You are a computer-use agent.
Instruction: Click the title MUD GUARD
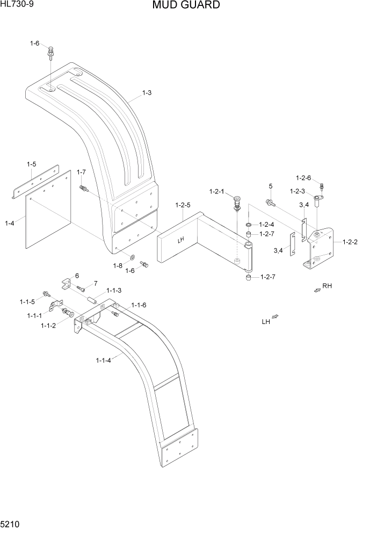coord(185,5)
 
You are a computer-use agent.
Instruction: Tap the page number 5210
coord(10,524)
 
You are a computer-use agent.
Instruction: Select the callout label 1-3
coord(147,92)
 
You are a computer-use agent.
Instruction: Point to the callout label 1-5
coord(32,164)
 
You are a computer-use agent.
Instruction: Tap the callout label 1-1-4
coord(103,360)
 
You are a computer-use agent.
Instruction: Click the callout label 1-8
coord(118,265)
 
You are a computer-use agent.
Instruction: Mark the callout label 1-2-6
coord(303,177)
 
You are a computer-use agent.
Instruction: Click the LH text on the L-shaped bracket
coord(182,241)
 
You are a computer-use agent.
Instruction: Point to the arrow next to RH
coord(317,290)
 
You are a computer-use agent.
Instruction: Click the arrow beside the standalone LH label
coord(275,318)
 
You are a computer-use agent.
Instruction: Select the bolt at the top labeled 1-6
coord(50,53)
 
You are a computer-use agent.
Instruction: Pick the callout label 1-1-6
coord(137,305)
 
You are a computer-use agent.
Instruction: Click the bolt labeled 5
coord(270,203)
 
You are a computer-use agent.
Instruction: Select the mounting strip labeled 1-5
coord(35,183)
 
